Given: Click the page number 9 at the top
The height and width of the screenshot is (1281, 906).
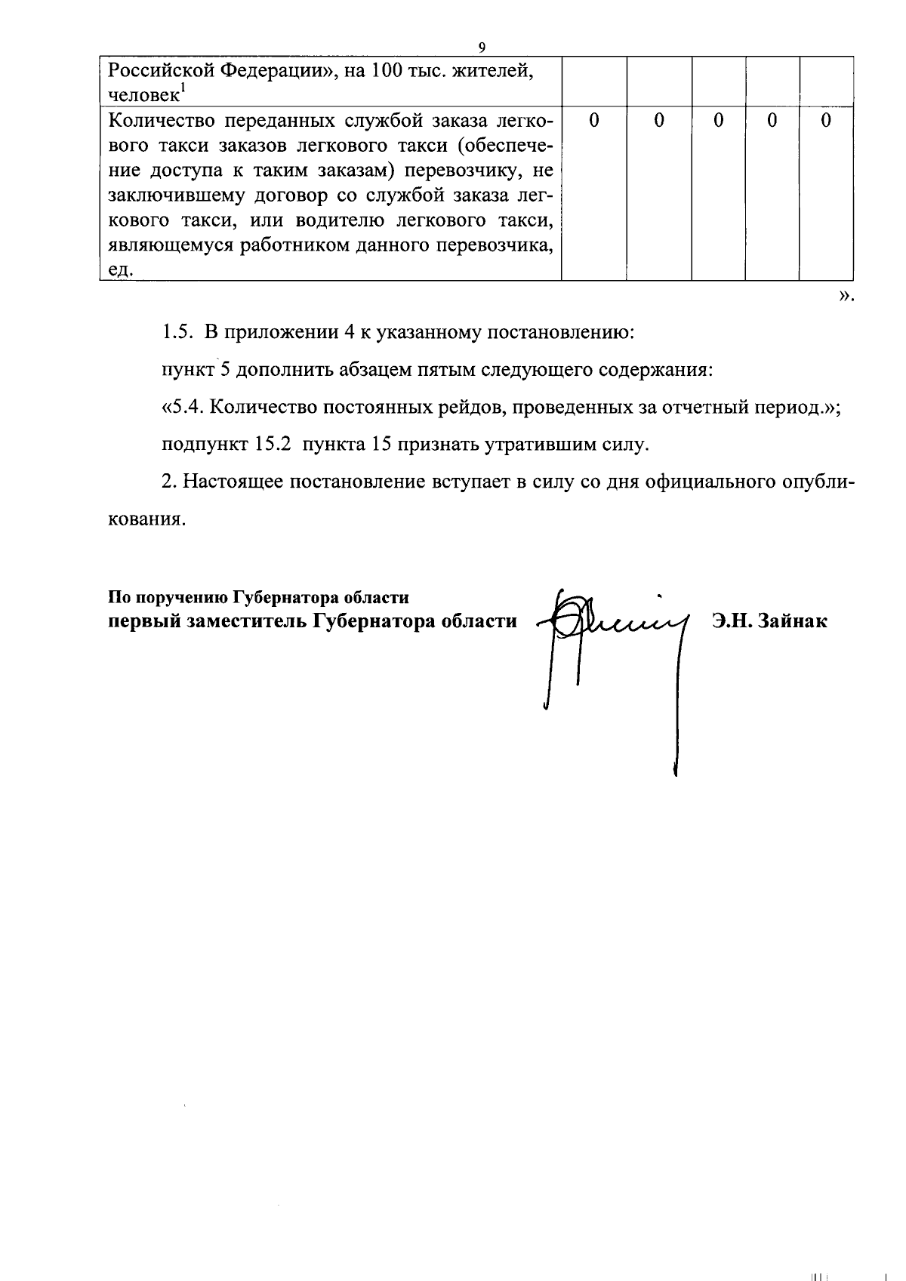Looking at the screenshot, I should (x=482, y=48).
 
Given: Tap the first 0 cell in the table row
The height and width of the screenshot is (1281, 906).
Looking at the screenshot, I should (x=594, y=121).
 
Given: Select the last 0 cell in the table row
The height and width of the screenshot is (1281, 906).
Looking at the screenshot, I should (x=826, y=121).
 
